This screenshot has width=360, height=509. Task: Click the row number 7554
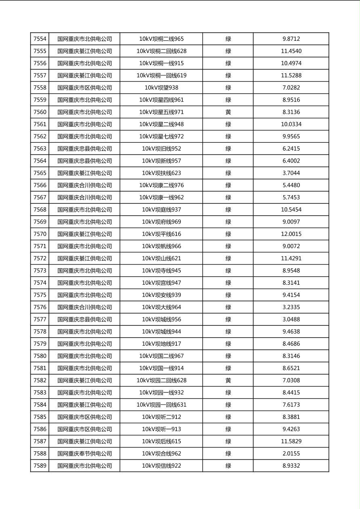40,39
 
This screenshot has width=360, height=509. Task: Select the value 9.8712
291,39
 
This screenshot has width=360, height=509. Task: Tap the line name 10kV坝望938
161,88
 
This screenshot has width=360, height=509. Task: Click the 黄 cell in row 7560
228,112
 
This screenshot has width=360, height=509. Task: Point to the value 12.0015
291,234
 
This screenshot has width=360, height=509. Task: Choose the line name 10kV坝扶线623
161,173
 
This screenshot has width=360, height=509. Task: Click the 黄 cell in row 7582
228,380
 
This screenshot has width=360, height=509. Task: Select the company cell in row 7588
84,453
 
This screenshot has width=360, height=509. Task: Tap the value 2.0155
291,453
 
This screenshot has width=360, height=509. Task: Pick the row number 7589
40,466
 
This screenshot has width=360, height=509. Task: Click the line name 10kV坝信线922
161,466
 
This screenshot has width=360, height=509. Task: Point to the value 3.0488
291,319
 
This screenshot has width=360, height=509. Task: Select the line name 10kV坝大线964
161,307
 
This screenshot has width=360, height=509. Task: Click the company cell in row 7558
84,88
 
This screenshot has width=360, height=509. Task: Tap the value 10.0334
291,124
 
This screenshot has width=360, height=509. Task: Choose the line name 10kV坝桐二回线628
161,51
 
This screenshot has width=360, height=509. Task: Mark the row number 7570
40,234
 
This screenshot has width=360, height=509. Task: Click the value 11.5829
291,441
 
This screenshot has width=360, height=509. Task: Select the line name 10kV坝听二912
161,417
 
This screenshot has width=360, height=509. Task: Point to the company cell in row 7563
84,148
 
